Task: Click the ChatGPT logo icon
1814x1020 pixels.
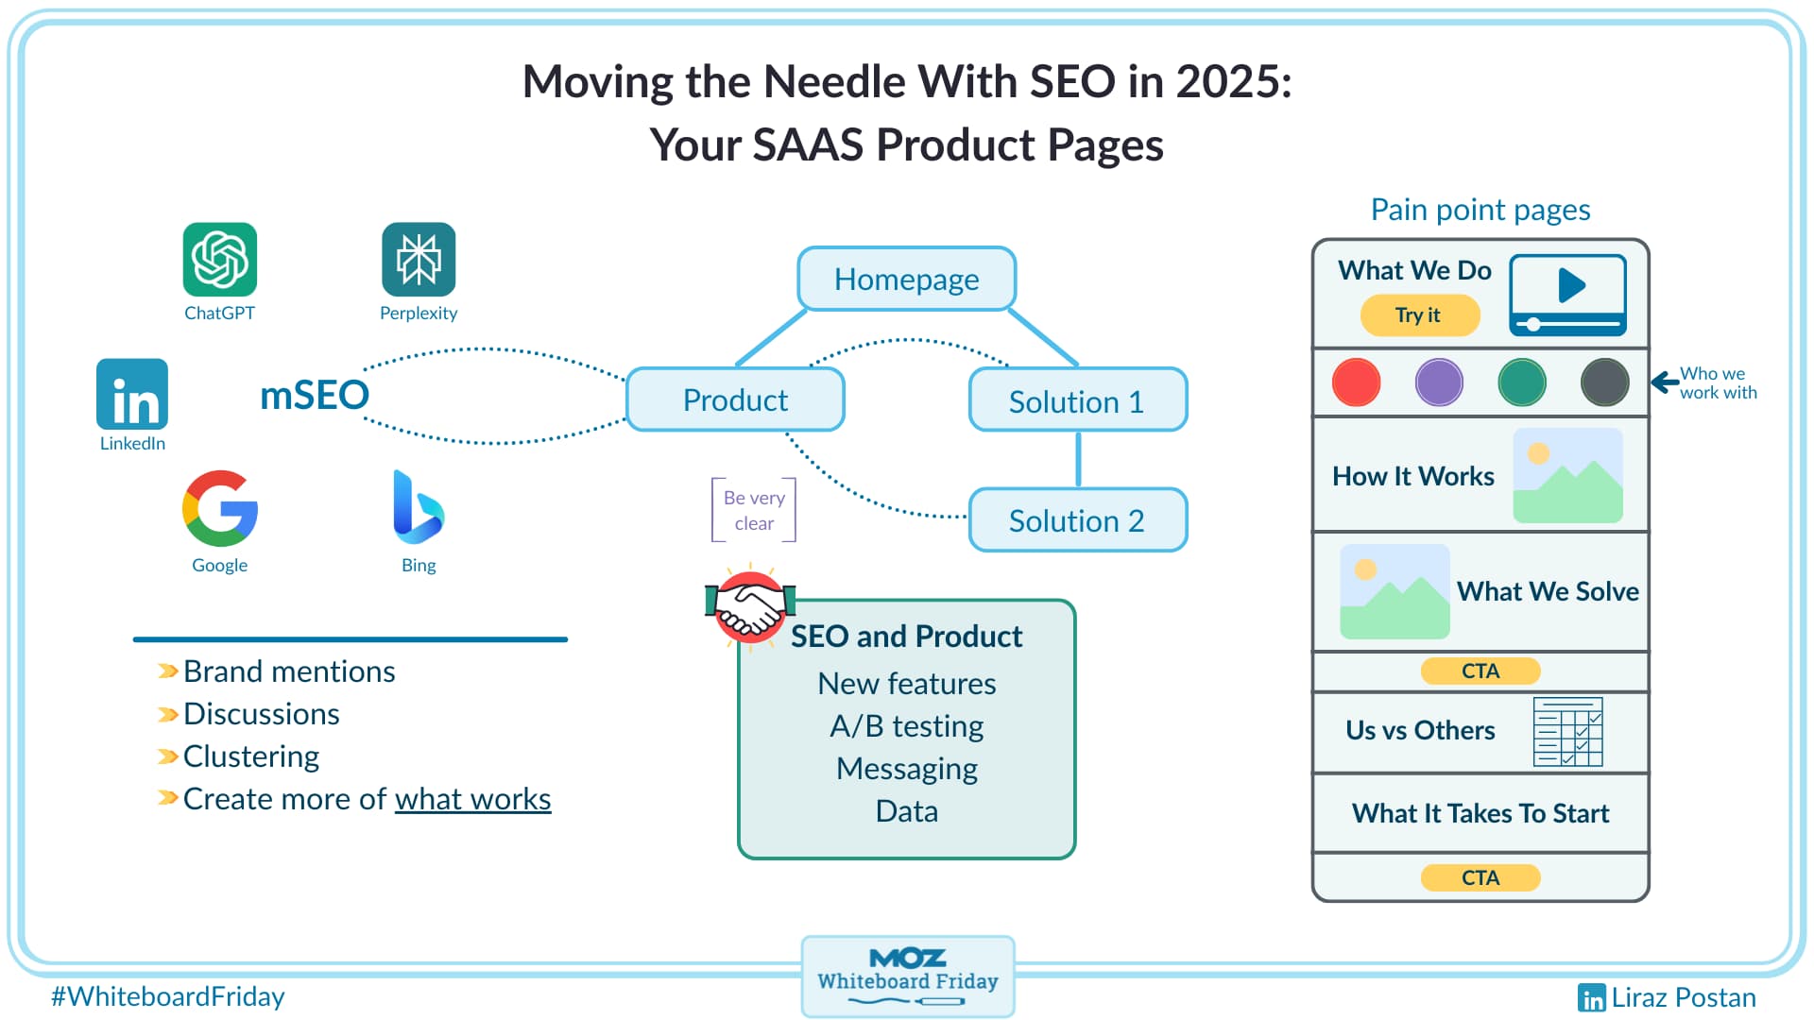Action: tap(219, 260)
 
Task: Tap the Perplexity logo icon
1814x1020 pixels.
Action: tap(419, 260)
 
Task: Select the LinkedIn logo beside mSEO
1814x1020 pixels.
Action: tap(132, 395)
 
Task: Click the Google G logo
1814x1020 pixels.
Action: tap(220, 509)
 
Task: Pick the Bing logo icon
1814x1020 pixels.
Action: tap(418, 507)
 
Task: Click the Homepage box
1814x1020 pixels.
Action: tap(906, 280)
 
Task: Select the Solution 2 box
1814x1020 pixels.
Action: tap(1077, 520)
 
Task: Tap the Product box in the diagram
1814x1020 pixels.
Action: tap(735, 400)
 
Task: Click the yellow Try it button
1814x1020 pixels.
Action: tap(1419, 315)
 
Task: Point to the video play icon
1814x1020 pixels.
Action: tap(1569, 285)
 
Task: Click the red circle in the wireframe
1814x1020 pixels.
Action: tap(1356, 382)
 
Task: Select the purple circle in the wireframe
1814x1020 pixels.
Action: tap(1439, 382)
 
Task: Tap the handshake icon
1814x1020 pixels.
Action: tap(750, 607)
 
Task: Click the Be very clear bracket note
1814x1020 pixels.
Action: tap(754, 510)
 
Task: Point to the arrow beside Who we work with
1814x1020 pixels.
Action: tap(1664, 382)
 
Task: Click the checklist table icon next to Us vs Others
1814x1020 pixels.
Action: tap(1567, 732)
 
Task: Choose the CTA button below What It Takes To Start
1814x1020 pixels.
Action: tap(1480, 877)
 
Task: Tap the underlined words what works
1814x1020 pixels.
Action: tap(472, 799)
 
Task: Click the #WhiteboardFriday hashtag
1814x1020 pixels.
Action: tap(167, 996)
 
